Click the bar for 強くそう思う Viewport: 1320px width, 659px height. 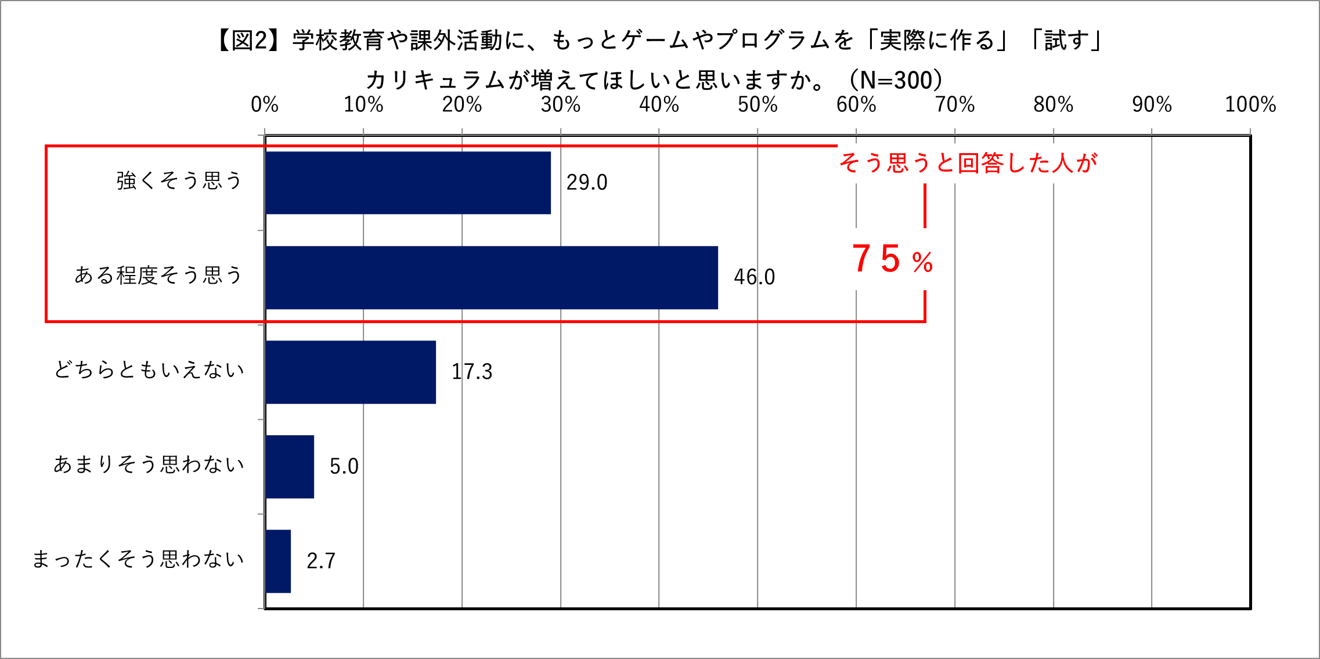point(408,183)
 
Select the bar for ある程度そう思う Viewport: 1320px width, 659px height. point(492,277)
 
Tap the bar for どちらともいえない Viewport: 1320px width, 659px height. point(351,372)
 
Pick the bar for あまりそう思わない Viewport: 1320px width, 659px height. point(290,466)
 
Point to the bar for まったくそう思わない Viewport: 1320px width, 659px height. point(278,561)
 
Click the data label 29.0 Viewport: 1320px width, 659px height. point(586,183)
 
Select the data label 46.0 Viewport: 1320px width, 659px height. point(754,277)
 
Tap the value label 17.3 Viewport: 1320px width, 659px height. point(471,372)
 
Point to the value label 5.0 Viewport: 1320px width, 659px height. point(344,466)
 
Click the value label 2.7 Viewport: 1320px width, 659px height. point(320,561)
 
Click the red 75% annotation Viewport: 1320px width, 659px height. point(892,259)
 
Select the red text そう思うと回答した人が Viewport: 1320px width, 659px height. point(968,163)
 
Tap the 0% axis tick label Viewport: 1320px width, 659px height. point(264,105)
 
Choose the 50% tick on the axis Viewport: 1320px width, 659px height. point(757,105)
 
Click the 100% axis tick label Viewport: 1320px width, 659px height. point(1250,105)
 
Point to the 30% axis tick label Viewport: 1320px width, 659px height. point(560,105)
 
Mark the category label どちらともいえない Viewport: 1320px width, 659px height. point(149,370)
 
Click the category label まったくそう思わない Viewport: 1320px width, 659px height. point(138,559)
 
